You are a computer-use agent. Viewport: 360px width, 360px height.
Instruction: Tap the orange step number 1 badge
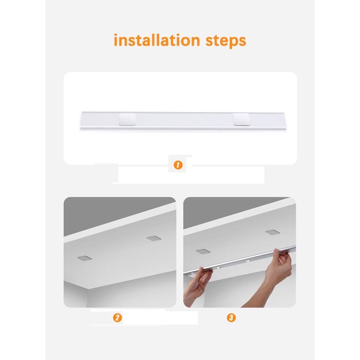click(x=178, y=165)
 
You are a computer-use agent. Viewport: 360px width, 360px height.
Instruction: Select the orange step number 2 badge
click(x=117, y=318)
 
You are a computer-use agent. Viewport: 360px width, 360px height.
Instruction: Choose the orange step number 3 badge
click(x=231, y=318)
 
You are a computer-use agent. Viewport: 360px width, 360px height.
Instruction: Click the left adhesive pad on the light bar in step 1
click(x=127, y=119)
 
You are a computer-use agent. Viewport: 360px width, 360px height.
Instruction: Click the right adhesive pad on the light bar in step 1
click(x=242, y=119)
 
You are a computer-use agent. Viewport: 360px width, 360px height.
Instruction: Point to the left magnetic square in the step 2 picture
click(x=84, y=258)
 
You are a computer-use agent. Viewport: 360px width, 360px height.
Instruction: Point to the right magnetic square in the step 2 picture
click(x=154, y=238)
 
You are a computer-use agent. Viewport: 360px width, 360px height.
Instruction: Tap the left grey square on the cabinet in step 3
click(x=203, y=252)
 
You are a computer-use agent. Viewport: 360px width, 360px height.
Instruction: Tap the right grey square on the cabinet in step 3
click(x=273, y=232)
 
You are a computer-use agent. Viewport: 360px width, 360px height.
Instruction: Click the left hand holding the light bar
click(x=199, y=287)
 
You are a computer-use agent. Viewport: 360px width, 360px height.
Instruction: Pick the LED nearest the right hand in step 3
click(x=247, y=261)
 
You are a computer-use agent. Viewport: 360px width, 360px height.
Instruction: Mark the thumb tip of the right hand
click(x=276, y=250)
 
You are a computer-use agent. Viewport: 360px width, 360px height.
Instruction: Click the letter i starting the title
click(x=116, y=40)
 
